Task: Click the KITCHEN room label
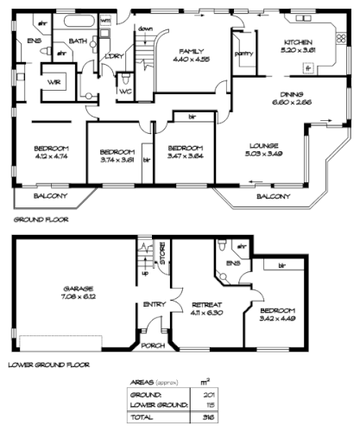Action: click(x=299, y=42)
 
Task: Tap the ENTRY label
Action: click(x=155, y=303)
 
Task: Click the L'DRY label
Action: click(x=113, y=57)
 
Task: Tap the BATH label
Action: click(x=76, y=41)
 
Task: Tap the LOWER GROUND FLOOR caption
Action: click(x=49, y=365)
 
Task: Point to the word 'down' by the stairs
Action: click(x=146, y=29)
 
